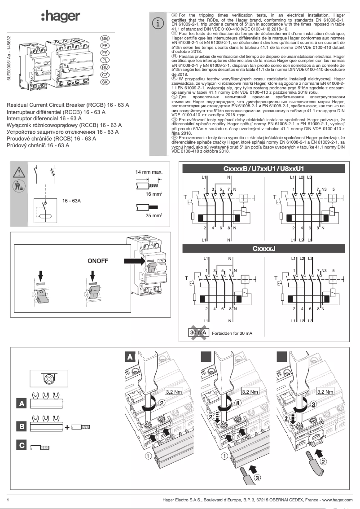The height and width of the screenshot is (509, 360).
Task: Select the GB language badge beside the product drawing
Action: coord(105,38)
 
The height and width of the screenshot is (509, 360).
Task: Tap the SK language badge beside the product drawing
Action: coord(105,82)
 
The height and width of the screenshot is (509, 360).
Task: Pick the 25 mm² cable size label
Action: coord(154,215)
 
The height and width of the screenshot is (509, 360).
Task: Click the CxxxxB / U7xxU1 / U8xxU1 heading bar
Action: coord(263,168)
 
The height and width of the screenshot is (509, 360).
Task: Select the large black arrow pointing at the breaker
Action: coord(133,260)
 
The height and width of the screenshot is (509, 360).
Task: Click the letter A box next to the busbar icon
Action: coord(21,404)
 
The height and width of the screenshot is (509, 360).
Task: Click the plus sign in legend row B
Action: coord(67,427)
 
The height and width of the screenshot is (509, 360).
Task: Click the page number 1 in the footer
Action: coord(8,500)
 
